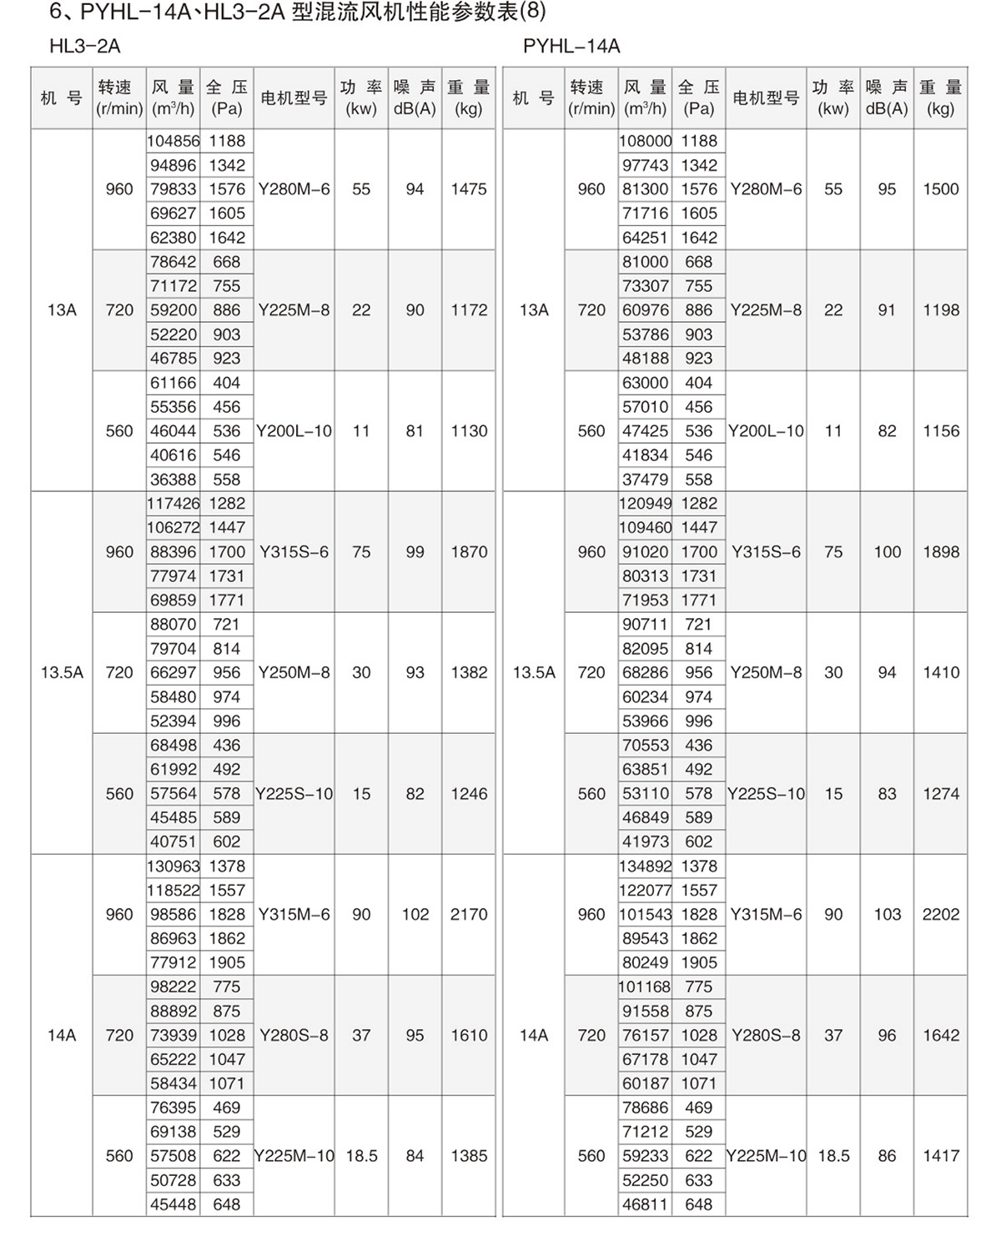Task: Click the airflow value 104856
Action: click(173, 141)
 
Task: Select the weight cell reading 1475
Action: click(469, 189)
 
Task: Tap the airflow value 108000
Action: click(645, 141)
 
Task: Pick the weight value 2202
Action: click(941, 915)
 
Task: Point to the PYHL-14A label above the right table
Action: click(571, 47)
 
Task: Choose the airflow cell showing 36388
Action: click(173, 480)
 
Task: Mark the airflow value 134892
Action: click(645, 867)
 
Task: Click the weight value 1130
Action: click(469, 431)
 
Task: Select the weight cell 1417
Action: click(941, 1157)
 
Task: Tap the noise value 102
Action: click(415, 915)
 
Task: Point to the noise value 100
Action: click(887, 552)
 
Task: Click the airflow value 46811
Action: click(645, 1205)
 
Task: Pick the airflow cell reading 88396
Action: click(173, 552)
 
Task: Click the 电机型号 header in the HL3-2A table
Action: click(294, 98)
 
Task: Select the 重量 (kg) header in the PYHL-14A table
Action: click(940, 98)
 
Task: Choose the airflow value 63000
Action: click(645, 383)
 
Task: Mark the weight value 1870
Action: click(469, 552)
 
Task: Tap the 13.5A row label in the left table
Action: click(62, 673)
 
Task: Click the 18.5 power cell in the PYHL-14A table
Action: click(833, 1157)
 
